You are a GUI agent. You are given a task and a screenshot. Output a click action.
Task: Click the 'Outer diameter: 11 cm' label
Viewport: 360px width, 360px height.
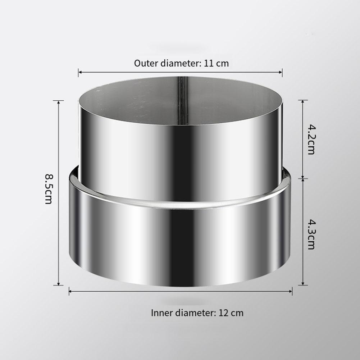point(181,63)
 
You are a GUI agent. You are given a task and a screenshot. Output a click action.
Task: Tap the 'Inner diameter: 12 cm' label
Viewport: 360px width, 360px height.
point(197,313)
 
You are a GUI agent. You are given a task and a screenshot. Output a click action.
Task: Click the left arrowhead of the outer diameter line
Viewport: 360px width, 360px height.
point(80,72)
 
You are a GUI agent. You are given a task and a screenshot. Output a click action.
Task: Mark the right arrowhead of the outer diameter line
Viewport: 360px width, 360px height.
point(281,72)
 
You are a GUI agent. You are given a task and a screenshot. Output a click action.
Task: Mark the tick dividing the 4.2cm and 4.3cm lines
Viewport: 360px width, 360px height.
point(303,178)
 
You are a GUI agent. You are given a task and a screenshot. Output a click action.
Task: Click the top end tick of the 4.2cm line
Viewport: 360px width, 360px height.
point(303,100)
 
